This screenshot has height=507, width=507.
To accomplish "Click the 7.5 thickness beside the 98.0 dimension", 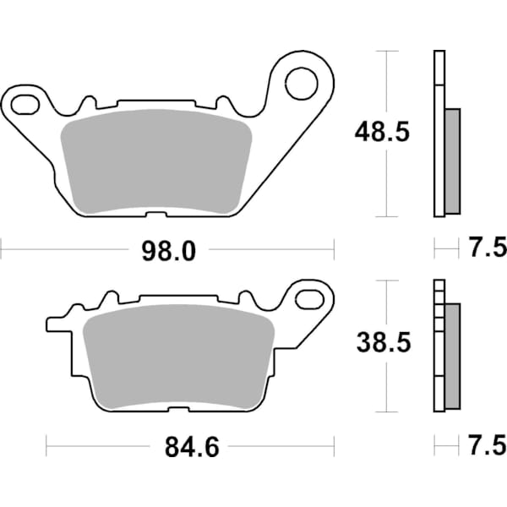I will click(487, 248).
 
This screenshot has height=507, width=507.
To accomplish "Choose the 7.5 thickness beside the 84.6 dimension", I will click(487, 444).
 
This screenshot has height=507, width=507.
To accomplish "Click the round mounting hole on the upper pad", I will click(300, 82).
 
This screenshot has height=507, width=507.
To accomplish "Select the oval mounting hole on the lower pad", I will click(313, 298).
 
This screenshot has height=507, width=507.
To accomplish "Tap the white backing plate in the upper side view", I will click(438, 135).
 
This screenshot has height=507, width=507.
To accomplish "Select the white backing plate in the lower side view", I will click(438, 346).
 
